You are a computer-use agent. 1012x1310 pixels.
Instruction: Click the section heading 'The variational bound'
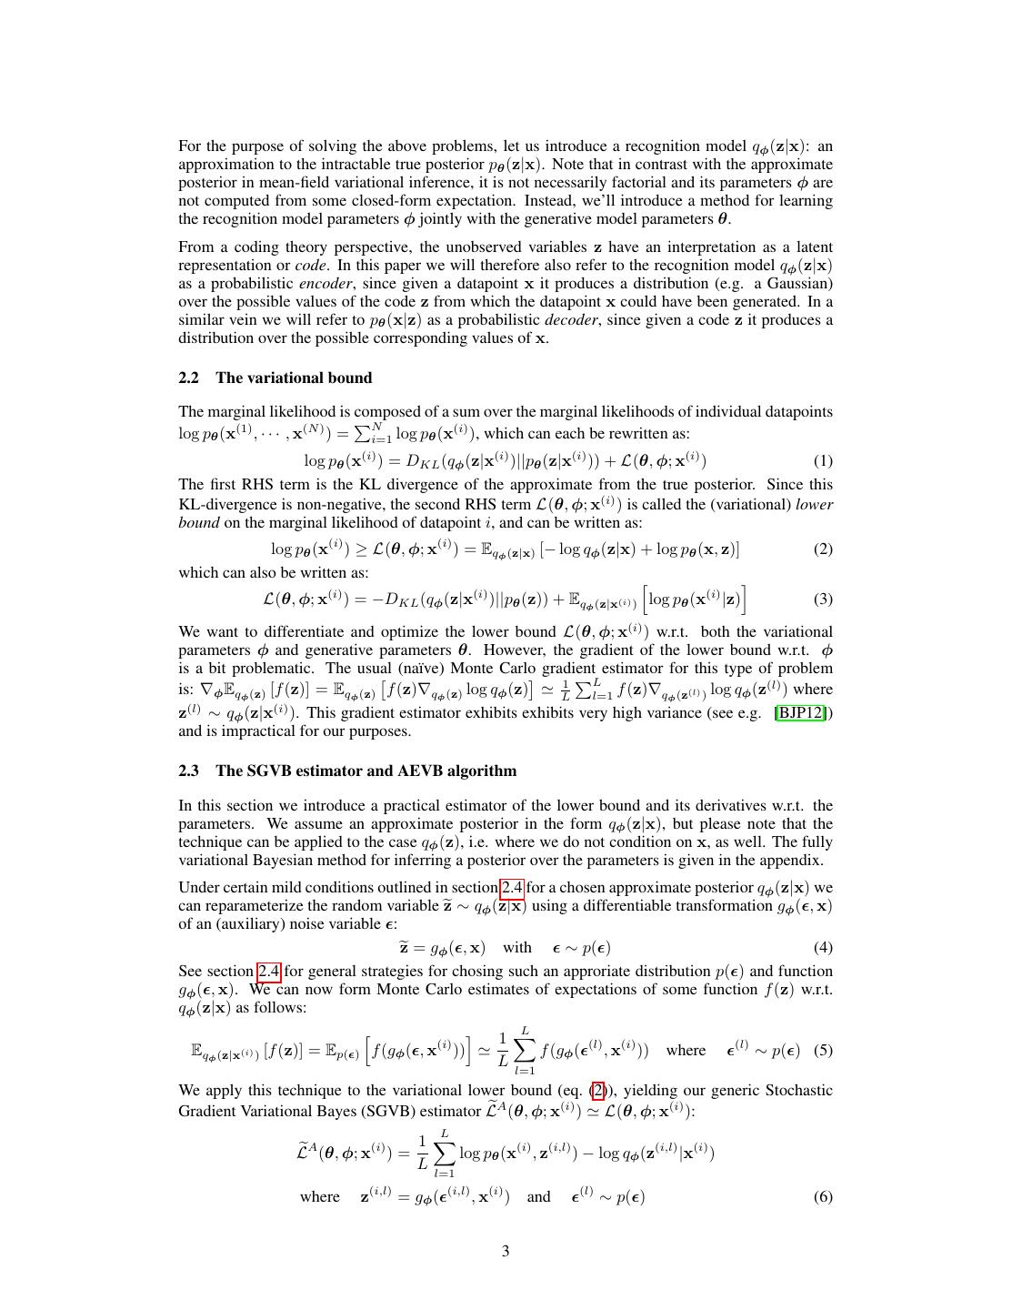click(294, 378)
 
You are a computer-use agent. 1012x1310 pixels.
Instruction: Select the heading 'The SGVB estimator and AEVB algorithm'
click(366, 771)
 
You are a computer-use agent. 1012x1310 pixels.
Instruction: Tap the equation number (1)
click(822, 460)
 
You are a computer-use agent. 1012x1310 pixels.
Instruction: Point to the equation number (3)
click(822, 599)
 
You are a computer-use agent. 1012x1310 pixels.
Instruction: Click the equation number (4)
click(822, 947)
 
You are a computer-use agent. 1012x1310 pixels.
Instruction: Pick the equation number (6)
click(822, 1196)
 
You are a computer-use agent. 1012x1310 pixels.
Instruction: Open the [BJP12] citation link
click(801, 712)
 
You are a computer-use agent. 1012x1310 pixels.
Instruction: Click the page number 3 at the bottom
click(506, 1251)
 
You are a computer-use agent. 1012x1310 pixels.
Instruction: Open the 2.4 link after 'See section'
click(269, 971)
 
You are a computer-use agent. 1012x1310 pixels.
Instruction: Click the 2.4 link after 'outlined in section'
click(510, 887)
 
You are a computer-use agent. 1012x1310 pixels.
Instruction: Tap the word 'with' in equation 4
click(517, 947)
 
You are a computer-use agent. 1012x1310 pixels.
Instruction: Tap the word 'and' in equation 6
click(538, 1196)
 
